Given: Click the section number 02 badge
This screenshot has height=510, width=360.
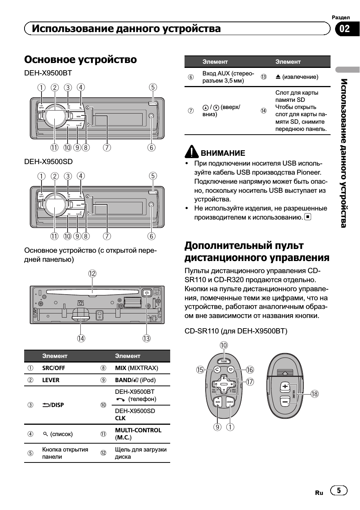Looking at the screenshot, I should [x=345, y=29].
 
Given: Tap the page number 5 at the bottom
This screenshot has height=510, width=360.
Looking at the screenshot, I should [x=339, y=490].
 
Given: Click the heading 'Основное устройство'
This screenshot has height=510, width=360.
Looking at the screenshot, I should [x=80, y=60].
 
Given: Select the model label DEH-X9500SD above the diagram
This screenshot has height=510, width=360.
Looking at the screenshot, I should [x=48, y=162].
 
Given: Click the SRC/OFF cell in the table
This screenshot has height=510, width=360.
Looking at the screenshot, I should [x=54, y=368].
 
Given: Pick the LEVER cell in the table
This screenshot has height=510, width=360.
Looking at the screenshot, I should [x=51, y=380].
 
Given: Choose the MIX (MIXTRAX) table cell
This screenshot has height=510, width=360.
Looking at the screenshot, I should [x=136, y=368].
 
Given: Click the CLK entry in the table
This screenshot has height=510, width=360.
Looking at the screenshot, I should [x=120, y=418].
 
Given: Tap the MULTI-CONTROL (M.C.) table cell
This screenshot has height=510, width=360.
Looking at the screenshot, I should [x=138, y=434].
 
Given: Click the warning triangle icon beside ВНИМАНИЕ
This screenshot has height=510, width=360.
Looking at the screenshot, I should [x=192, y=152].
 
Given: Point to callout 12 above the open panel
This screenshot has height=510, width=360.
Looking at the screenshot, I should [x=92, y=273].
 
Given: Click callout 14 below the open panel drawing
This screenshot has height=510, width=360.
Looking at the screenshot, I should [x=81, y=338].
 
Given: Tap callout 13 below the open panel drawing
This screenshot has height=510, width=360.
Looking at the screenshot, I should [x=146, y=338].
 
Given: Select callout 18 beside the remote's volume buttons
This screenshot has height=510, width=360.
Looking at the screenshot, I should [x=315, y=394].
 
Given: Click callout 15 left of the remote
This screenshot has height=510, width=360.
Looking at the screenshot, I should [x=200, y=370].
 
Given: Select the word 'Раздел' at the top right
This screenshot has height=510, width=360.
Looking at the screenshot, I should [x=341, y=17].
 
